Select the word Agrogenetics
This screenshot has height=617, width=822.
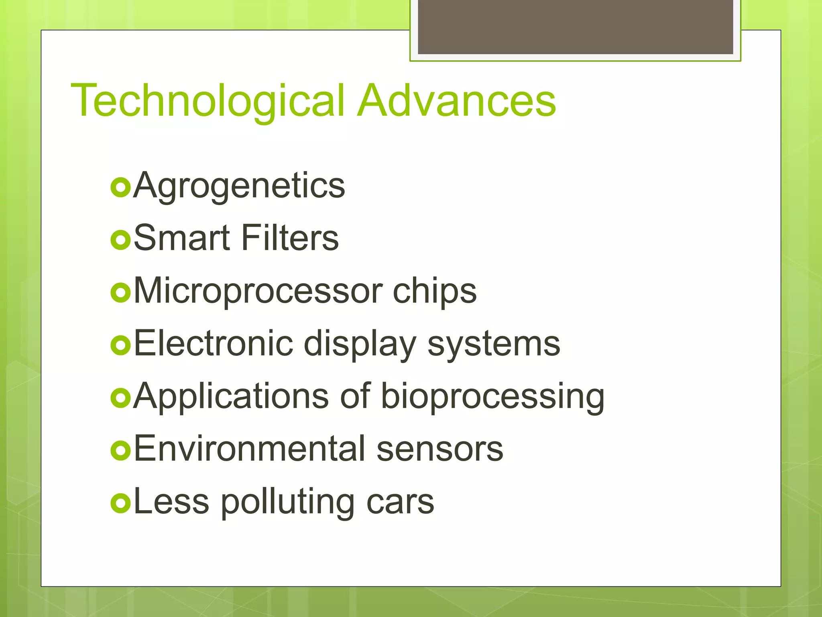[x=239, y=186]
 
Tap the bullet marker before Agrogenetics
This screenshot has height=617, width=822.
[x=120, y=188]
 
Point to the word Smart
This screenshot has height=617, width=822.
[x=181, y=238]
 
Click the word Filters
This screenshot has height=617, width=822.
[x=290, y=238]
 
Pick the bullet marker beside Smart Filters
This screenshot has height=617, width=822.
[x=120, y=240]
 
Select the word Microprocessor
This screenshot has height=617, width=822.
[x=258, y=291]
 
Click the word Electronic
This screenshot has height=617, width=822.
[x=213, y=343]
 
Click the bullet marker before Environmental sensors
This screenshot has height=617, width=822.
[x=120, y=451]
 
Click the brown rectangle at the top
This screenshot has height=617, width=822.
[x=575, y=27]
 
